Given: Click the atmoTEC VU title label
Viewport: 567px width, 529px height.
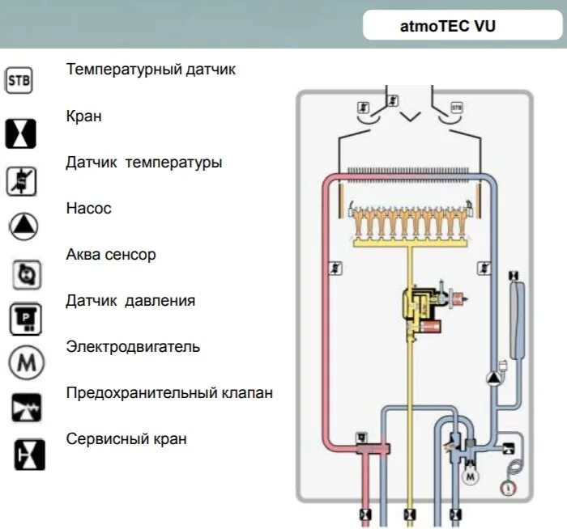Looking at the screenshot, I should (448, 25).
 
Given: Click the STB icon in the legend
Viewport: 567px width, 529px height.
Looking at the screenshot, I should (19, 81).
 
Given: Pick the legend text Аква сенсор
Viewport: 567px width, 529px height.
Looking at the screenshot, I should (111, 255).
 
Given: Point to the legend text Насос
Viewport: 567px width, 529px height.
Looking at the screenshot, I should (89, 209).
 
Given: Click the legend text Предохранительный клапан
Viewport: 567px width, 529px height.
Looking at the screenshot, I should (169, 393).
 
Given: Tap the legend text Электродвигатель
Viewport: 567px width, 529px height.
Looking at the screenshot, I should (133, 347).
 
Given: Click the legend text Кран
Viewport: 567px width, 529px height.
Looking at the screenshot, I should (84, 116).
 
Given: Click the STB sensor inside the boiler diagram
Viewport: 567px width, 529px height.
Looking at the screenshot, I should (456, 107).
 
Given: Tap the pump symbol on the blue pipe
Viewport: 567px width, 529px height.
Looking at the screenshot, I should (493, 378).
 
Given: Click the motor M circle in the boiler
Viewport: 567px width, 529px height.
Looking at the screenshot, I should (470, 476).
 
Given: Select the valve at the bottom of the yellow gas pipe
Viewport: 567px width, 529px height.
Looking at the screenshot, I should (411, 514).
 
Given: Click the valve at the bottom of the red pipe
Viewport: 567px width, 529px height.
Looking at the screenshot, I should (365, 514).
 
